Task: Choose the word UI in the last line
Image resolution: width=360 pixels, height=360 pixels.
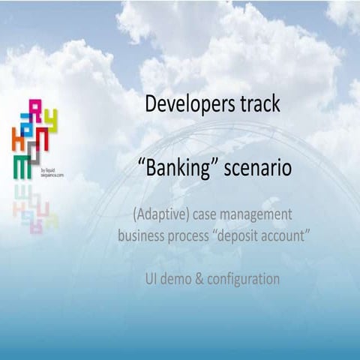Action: point(152,278)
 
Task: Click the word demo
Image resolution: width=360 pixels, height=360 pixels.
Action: point(180,278)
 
